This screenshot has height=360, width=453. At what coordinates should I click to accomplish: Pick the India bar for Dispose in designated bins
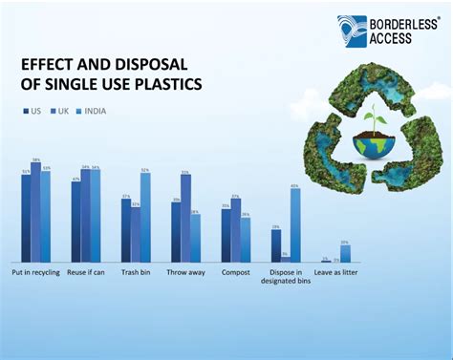(x=295, y=226)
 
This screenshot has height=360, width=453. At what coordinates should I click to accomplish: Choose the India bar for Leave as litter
(x=345, y=254)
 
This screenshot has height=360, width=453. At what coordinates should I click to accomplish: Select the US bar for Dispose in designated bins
(x=275, y=246)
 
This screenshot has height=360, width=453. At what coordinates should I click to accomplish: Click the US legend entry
(x=32, y=112)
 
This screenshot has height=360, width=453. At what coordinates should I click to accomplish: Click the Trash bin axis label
(x=135, y=273)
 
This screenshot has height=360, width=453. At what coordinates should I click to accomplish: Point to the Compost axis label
(x=235, y=273)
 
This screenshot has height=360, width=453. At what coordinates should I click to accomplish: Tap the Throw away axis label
(x=185, y=273)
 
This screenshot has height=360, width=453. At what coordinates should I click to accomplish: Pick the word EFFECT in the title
(x=49, y=65)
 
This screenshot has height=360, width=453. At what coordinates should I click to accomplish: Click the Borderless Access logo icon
(x=352, y=31)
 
